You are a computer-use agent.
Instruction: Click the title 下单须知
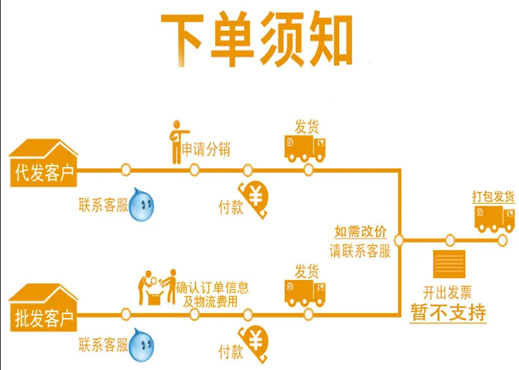point(257,39)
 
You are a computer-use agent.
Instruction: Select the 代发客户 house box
point(43,163)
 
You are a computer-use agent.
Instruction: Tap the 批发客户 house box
point(43,308)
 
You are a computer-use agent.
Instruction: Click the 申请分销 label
point(205,150)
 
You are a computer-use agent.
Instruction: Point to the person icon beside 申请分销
point(178,142)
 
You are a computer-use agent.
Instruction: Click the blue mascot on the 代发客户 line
point(141,204)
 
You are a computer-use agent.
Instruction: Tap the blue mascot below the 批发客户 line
point(141,345)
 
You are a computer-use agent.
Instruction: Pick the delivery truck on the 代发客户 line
point(305,149)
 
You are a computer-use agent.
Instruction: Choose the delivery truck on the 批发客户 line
point(305,293)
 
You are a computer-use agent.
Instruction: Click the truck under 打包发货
point(495,219)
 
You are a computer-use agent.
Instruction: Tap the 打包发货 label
point(493,197)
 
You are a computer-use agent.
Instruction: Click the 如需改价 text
point(360,231)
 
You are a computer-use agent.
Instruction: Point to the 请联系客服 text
point(360,250)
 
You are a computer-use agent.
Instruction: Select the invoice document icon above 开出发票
point(449,264)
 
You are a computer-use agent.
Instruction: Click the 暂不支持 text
point(448,312)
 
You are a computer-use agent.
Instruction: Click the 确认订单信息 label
point(212,287)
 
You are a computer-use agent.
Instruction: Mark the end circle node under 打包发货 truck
point(502,241)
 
